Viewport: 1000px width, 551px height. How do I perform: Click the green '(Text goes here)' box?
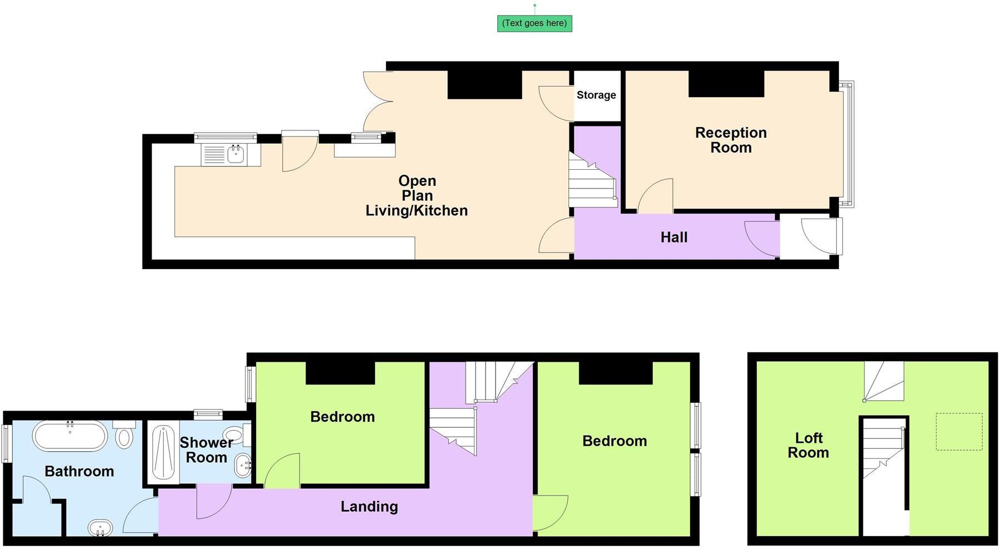(534, 23)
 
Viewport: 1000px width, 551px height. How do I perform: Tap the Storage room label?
(596, 95)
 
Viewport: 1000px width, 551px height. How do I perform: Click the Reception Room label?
(731, 140)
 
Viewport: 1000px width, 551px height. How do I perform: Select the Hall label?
(673, 237)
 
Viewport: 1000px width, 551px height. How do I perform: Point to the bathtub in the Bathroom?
(69, 436)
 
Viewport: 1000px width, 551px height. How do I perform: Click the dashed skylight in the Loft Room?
(959, 432)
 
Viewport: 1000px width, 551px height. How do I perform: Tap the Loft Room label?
(808, 446)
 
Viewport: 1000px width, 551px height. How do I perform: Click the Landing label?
(369, 507)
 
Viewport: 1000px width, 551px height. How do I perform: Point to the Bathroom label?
(79, 472)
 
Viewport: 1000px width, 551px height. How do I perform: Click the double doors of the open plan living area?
(378, 101)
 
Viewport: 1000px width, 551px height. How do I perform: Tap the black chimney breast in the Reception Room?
(726, 84)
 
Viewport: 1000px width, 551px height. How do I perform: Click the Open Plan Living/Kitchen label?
(417, 196)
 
